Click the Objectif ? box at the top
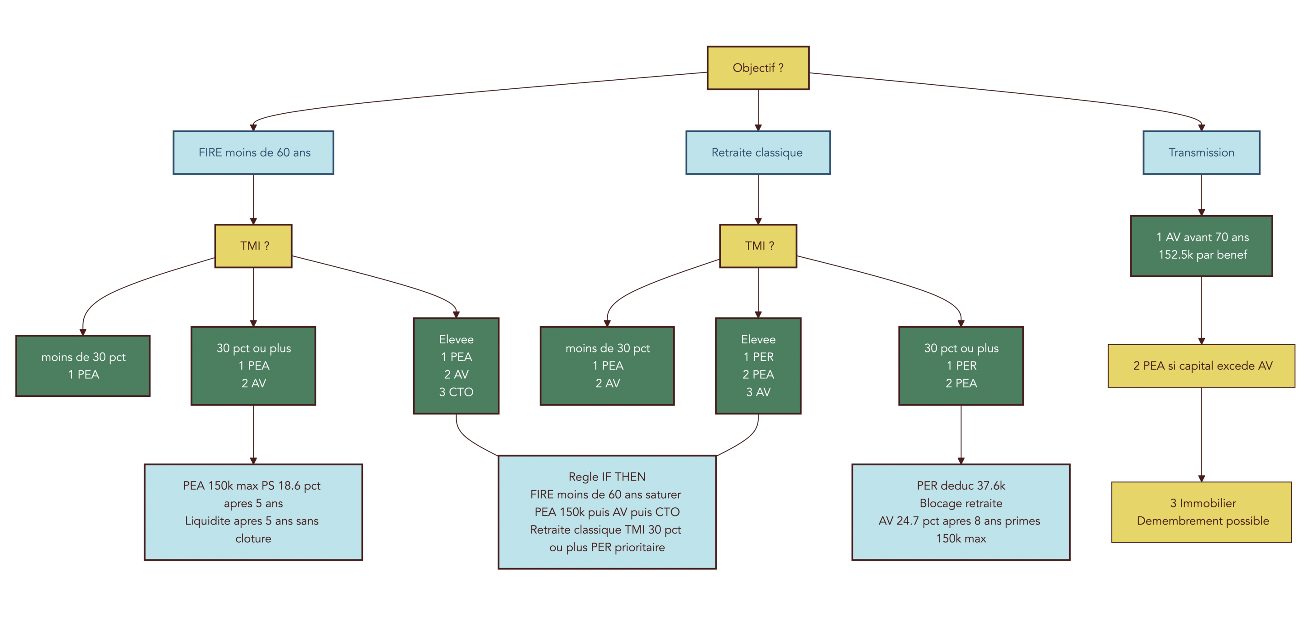[x=757, y=68]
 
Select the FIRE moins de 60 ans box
[x=253, y=153]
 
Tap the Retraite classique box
[x=757, y=153]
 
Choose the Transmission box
[x=1201, y=153]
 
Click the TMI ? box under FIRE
[x=253, y=246]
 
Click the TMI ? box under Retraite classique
[x=757, y=246]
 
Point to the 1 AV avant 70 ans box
[x=1201, y=246]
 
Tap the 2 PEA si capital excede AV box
[x=1201, y=366]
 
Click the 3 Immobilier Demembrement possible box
[x=1201, y=512]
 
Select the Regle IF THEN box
[x=607, y=512]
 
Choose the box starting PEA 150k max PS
[x=253, y=512]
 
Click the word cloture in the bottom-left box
[x=253, y=538]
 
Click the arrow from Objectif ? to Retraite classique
[x=758, y=110]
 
